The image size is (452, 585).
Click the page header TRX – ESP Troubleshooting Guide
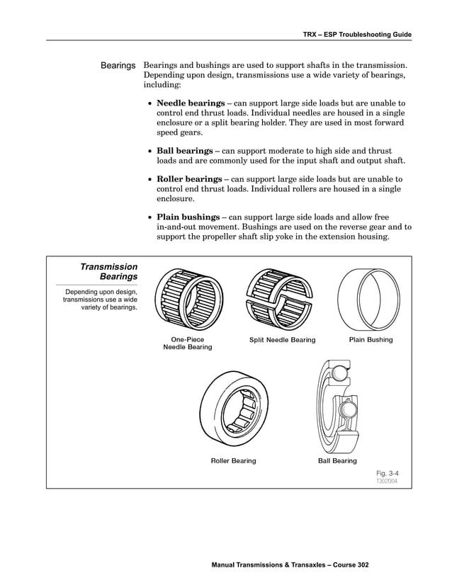[356, 34]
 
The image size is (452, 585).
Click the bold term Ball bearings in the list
[184, 151]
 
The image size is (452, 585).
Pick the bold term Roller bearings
[188, 179]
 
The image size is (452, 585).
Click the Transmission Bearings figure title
[108, 272]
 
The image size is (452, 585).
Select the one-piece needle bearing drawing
[188, 297]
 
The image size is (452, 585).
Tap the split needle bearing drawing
[282, 297]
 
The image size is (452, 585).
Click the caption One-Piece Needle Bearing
[188, 343]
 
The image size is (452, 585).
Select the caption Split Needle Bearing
[282, 340]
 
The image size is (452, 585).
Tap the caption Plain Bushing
[371, 340]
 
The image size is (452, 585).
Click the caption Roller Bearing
[233, 461]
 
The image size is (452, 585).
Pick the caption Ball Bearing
[337, 461]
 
